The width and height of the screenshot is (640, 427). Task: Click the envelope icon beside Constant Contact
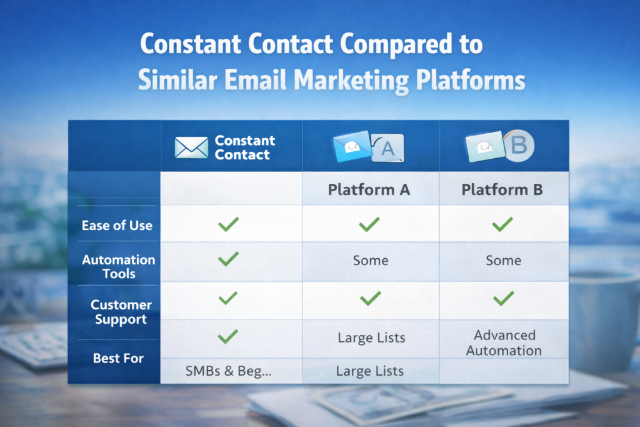[191, 148]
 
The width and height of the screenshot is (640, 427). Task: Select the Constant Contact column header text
[244, 148]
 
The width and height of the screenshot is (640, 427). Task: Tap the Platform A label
[369, 189]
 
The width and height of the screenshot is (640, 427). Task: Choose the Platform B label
[502, 189]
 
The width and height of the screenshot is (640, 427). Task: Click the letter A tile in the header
[387, 149]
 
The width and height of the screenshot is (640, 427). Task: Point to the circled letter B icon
[519, 146]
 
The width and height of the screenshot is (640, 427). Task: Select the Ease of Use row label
[117, 226]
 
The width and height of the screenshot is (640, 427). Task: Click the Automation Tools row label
[118, 266]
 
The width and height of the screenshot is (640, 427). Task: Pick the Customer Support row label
[121, 312]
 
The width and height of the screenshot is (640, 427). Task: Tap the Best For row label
[118, 358]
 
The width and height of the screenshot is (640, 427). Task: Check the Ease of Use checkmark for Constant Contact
[228, 224]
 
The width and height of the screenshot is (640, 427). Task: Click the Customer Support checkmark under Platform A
[369, 299]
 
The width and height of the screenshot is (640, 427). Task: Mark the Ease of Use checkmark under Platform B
[502, 224]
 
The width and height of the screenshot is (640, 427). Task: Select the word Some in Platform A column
[370, 260]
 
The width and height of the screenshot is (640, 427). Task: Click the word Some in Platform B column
[503, 260]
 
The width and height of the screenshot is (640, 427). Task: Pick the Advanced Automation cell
[504, 343]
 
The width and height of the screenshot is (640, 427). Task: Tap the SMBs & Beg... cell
[228, 371]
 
